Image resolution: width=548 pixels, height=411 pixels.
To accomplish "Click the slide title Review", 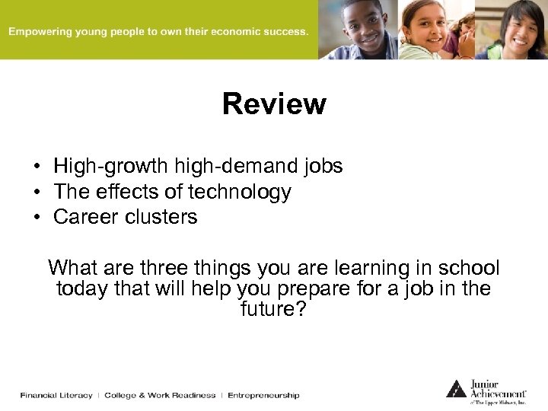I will (x=274, y=104).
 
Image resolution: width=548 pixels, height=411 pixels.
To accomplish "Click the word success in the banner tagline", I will (x=285, y=32).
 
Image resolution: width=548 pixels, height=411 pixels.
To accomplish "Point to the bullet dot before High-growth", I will (x=36, y=166).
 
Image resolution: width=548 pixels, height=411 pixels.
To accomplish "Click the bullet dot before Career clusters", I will (x=36, y=217).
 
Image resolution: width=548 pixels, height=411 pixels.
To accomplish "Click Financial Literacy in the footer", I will (x=56, y=395).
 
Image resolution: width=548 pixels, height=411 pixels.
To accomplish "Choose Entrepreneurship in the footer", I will (x=263, y=395).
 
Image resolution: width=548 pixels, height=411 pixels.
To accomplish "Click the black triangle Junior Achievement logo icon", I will (x=456, y=389).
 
